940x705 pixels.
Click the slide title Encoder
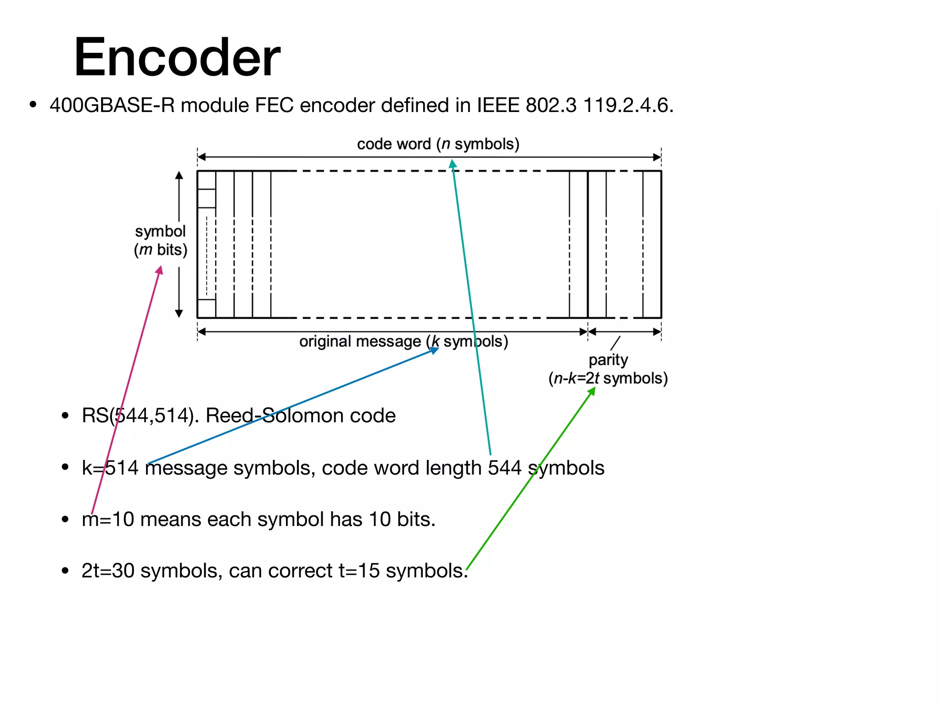pyautogui.click(x=177, y=57)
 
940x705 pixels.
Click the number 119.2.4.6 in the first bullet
pyautogui.click(x=627, y=105)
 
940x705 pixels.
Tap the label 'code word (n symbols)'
pyautogui.click(x=438, y=144)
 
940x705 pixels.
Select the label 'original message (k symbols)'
pyautogui.click(x=403, y=341)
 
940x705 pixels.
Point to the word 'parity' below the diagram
pyautogui.click(x=608, y=360)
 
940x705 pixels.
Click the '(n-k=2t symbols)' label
pyautogui.click(x=608, y=378)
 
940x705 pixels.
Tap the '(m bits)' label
pyautogui.click(x=161, y=250)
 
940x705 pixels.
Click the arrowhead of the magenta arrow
pyautogui.click(x=160, y=270)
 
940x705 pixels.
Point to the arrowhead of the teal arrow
pyautogui.click(x=453, y=163)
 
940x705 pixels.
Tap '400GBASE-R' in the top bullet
pyautogui.click(x=112, y=105)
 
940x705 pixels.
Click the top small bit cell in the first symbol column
pyautogui.click(x=207, y=180)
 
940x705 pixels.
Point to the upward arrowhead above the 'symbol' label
pyautogui.click(x=179, y=175)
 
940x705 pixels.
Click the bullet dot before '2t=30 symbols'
pyautogui.click(x=65, y=571)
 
